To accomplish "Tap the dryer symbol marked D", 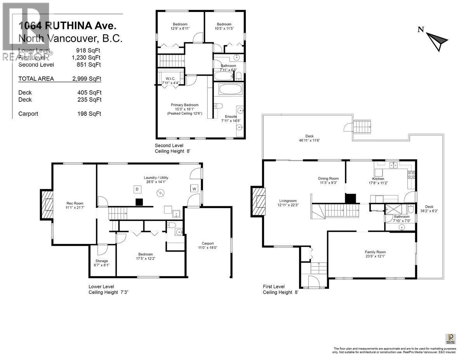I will pyautogui.click(x=137, y=189).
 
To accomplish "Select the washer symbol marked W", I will pyautogui.click(x=193, y=189).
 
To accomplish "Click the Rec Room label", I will pyautogui.click(x=75, y=203).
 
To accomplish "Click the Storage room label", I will pyautogui.click(x=102, y=261).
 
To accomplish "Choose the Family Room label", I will pyautogui.click(x=375, y=252).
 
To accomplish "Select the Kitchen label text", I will pyautogui.click(x=378, y=179).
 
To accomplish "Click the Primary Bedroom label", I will pyautogui.click(x=185, y=105).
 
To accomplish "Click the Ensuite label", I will pyautogui.click(x=231, y=117).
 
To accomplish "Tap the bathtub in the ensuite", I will pyautogui.click(x=230, y=90).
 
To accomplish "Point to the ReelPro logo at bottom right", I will pyautogui.click(x=451, y=338).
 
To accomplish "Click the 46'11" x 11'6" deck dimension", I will pyautogui.click(x=309, y=140).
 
